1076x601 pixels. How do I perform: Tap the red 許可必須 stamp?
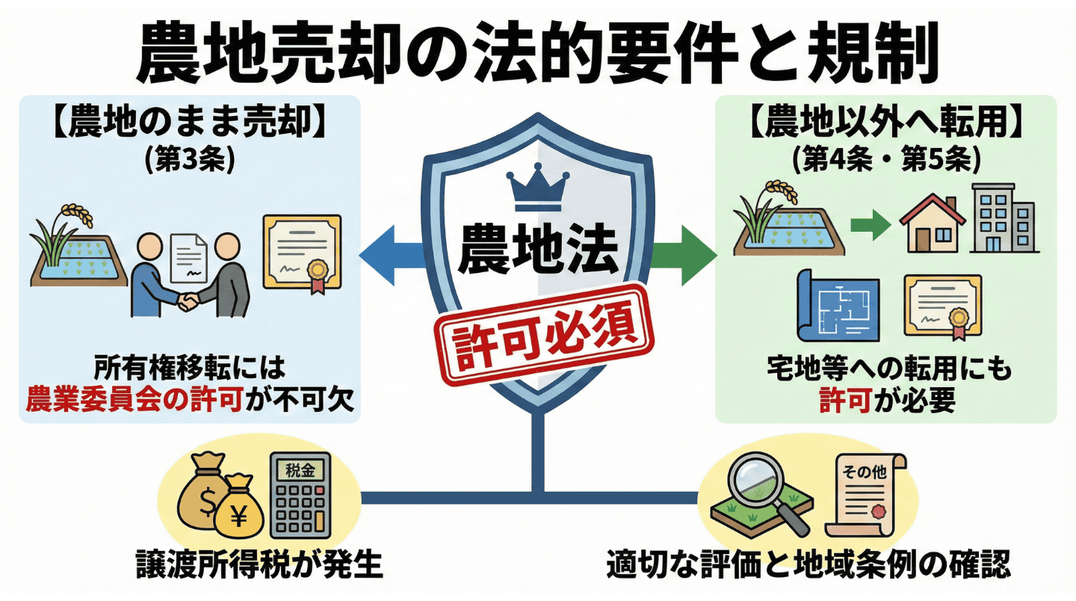538,330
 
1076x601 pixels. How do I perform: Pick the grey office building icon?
1003,218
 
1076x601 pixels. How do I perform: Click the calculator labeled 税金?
300,494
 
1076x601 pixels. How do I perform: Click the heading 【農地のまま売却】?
190,125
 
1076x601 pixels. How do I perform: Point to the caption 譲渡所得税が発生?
259,566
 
